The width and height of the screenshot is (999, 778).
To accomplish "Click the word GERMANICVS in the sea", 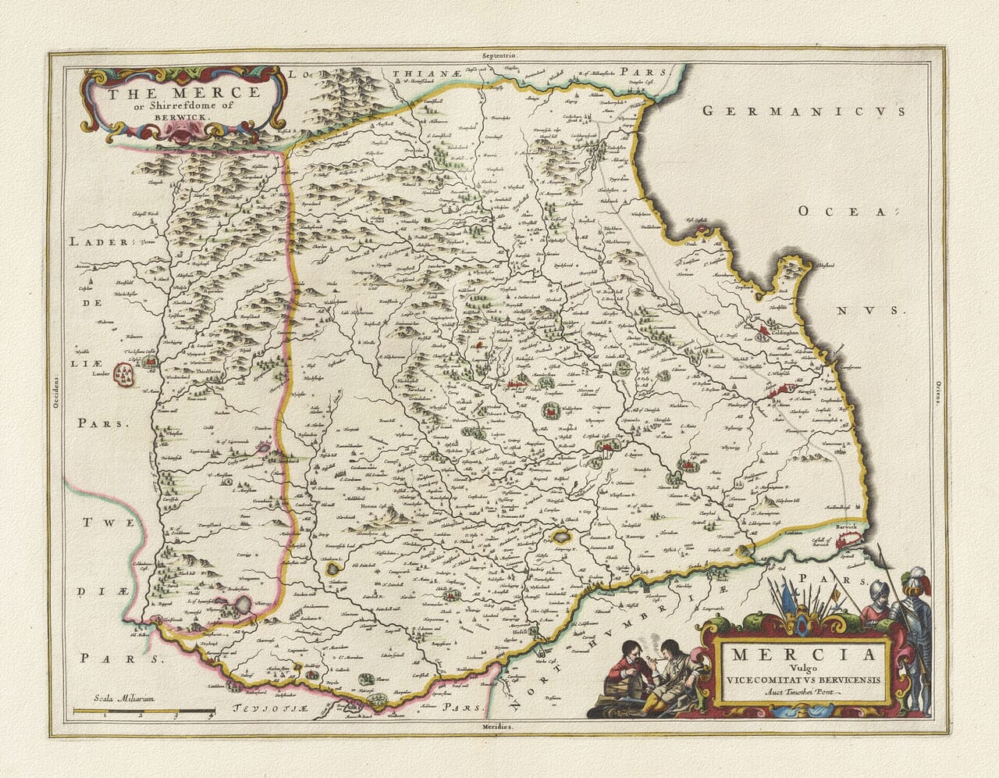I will (804, 111).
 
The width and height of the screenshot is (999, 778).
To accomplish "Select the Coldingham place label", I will (790, 331).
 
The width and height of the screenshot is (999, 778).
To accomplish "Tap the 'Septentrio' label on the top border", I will (499, 56).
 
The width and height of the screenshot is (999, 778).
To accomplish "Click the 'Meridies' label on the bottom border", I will (499, 726).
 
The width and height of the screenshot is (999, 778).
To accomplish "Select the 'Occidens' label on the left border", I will (55, 391).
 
